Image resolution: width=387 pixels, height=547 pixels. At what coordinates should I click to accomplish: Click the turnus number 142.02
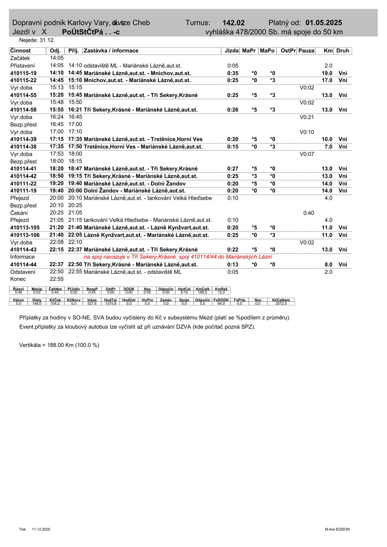coord(233,23)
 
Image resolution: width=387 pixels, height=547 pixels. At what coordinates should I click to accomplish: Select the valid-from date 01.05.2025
coord(324,23)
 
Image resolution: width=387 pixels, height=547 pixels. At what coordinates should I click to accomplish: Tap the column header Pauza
coord(306,51)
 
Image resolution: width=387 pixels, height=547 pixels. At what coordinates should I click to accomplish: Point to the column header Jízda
coord(232,51)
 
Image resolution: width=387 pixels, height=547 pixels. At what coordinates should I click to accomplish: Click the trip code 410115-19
coord(23,73)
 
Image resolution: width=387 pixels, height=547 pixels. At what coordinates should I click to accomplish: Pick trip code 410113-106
coord(25,235)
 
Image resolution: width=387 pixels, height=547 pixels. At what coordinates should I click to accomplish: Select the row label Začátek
coord(20,58)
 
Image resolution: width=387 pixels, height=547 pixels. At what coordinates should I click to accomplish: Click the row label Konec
coord(18,279)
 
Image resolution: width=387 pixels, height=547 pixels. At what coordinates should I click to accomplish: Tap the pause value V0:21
coord(307,117)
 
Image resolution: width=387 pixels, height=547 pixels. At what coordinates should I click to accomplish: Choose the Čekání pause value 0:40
coord(309,213)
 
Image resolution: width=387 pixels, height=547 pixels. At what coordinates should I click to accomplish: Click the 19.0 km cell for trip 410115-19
coord(327,73)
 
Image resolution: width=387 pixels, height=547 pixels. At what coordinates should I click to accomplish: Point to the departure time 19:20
coord(56,183)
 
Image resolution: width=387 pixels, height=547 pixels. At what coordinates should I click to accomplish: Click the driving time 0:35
coord(233,73)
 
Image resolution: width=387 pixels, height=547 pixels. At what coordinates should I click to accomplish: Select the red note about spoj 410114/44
coord(178,257)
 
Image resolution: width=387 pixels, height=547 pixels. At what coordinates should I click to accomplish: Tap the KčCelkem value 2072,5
coord(281,303)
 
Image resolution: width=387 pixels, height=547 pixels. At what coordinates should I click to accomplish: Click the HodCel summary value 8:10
coord(184,293)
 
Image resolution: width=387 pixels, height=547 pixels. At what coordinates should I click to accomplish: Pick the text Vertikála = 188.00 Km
coord(59,345)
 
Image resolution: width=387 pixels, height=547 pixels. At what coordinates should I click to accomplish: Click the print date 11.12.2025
coord(41,529)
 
